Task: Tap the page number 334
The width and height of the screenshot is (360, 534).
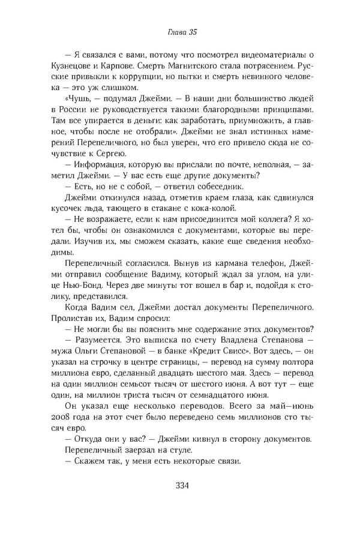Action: pos(180,485)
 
